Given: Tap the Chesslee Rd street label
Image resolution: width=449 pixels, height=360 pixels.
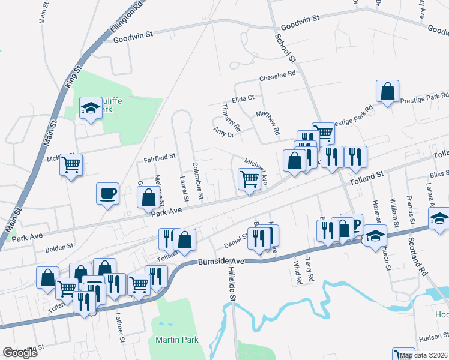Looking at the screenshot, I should (x=278, y=76).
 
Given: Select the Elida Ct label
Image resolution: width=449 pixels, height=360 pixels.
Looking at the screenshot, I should (x=243, y=97).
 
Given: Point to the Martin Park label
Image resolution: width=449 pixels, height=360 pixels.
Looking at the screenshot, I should (x=177, y=340).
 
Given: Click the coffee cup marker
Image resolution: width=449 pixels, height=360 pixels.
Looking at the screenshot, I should (x=107, y=194).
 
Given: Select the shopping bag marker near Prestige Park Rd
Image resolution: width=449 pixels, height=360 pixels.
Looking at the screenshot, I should (x=388, y=92).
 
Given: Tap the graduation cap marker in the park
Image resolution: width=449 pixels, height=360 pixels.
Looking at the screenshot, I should (x=91, y=109).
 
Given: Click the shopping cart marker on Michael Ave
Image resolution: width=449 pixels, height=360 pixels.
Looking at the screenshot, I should (x=249, y=178).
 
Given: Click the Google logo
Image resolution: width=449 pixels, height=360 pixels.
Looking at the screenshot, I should (x=20, y=352).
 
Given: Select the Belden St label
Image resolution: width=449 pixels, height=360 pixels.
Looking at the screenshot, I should (x=59, y=246).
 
